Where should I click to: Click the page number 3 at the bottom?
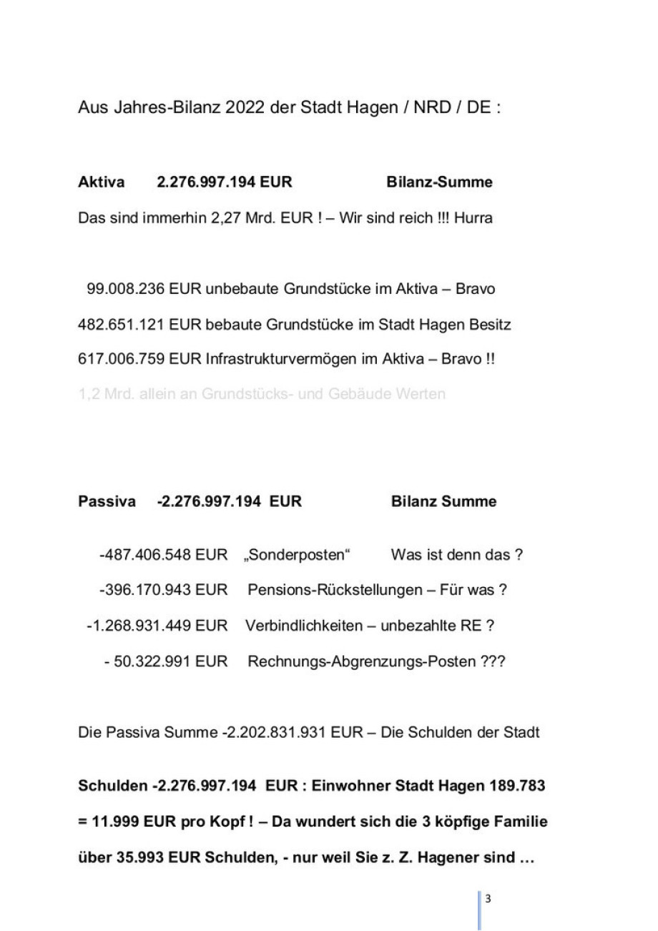[488, 900]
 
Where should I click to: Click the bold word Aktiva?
[101, 182]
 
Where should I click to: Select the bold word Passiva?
[107, 502]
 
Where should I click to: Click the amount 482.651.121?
[122, 325]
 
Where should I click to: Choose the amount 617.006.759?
[122, 360]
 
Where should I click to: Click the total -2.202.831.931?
[271, 733]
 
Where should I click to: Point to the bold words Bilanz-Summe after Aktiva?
[439, 182]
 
